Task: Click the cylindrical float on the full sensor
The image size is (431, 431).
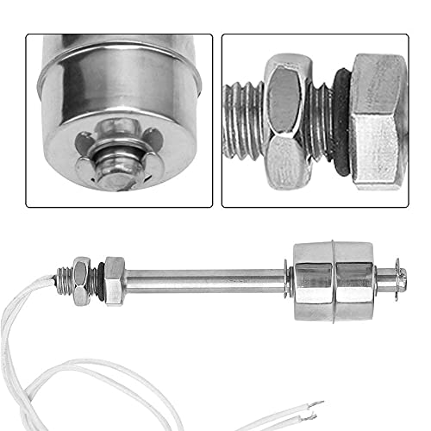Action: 333,279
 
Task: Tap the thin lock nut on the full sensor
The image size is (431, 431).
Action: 83,281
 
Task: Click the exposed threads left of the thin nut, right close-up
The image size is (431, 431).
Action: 242,121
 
